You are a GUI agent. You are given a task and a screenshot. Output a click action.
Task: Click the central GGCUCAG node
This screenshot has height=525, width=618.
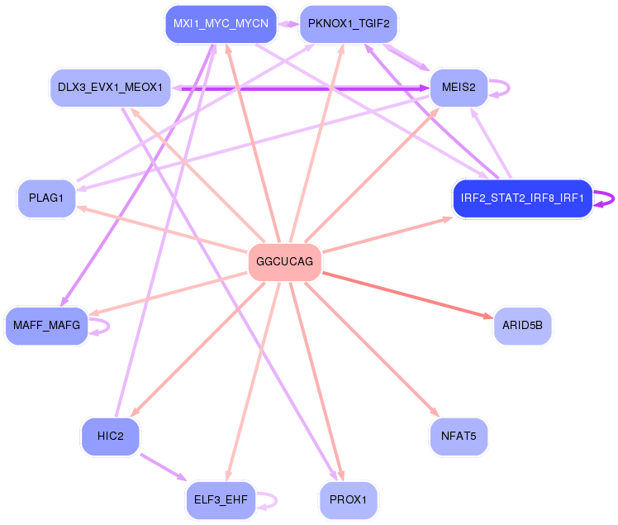point(284,262)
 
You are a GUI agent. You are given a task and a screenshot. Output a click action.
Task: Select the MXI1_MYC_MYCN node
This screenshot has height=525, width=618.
point(221,23)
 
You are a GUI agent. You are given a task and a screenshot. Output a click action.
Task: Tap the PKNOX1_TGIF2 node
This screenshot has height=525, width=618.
point(348,23)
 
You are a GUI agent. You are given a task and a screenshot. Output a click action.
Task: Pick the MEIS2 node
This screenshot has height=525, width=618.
point(459,88)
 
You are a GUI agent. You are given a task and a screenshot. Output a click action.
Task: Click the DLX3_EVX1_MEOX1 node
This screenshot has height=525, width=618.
point(109,87)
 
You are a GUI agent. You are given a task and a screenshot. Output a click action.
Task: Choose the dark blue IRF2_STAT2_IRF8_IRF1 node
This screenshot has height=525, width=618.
point(522,198)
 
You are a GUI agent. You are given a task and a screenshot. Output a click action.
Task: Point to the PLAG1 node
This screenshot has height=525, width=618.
point(46,198)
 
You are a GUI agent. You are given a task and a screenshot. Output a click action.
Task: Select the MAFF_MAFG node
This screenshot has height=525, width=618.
point(46,326)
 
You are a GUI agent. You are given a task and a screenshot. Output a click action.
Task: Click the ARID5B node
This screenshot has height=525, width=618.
point(522,326)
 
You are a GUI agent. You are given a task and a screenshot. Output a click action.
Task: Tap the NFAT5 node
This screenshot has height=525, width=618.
point(459,436)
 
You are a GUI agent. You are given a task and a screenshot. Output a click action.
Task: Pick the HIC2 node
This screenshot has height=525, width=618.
point(110,436)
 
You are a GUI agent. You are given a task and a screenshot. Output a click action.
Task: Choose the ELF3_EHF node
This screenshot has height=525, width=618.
point(221,500)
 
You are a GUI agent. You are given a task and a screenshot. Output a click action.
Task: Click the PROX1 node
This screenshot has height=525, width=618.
point(348,500)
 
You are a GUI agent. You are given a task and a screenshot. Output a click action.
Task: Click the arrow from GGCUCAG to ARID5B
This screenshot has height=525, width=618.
point(405,294)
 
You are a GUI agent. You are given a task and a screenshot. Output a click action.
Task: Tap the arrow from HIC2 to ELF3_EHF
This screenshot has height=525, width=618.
point(165,468)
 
